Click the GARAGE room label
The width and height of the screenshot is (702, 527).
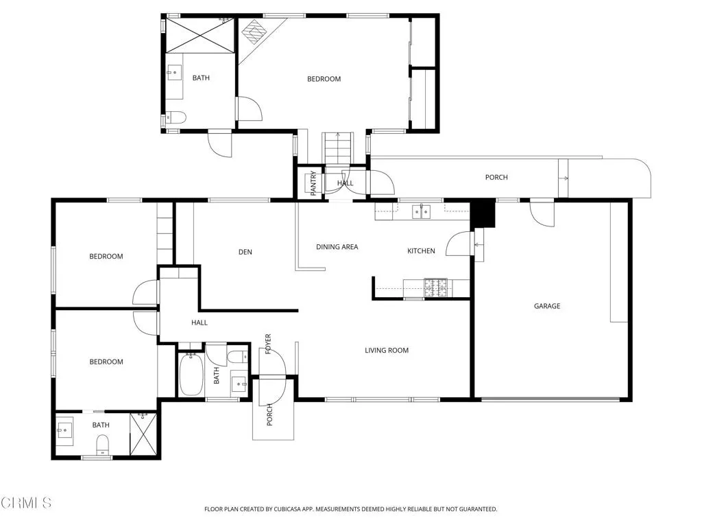(546, 306)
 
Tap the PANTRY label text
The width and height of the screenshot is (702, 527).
(313, 183)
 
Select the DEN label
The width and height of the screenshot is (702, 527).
(245, 252)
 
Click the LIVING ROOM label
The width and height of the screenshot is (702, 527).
(386, 351)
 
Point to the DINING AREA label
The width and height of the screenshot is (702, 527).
(337, 247)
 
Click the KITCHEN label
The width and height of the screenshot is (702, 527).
(421, 251)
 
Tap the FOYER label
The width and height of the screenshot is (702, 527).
(268, 344)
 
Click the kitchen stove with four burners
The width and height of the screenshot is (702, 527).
(435, 286)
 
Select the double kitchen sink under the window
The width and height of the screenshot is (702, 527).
(420, 211)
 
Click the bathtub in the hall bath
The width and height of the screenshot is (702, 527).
(191, 375)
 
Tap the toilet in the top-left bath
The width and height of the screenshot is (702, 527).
(175, 117)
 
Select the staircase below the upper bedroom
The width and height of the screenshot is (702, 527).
(337, 147)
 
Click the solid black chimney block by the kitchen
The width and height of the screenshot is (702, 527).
(485, 213)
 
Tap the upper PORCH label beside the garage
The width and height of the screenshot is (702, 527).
(496, 178)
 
